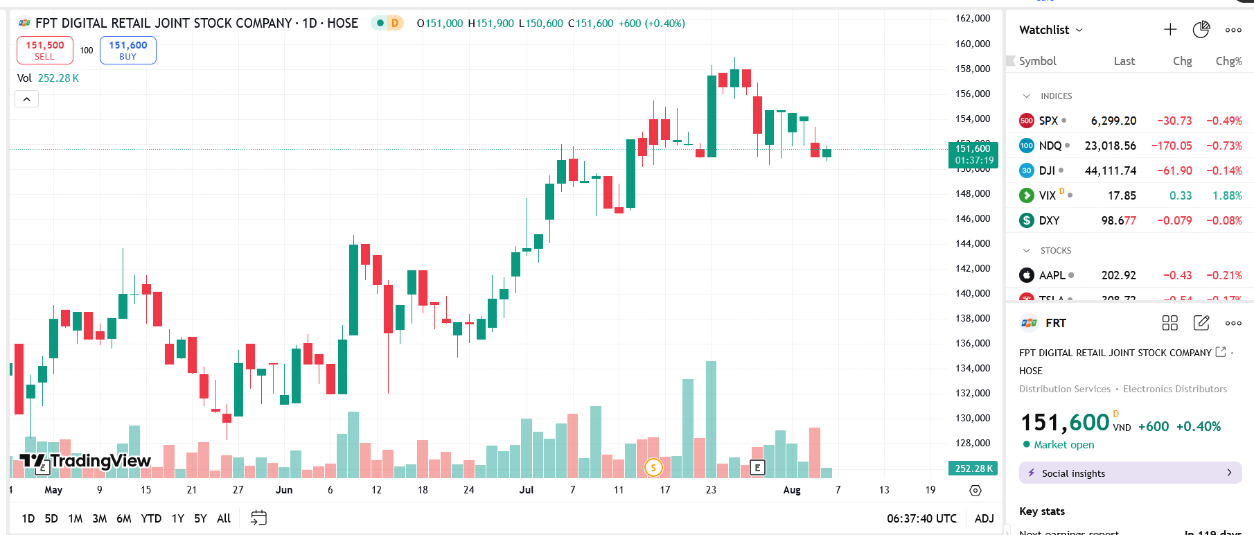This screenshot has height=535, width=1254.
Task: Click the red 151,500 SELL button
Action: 45,50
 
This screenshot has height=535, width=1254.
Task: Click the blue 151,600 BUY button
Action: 128,50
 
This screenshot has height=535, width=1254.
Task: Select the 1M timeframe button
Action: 76,518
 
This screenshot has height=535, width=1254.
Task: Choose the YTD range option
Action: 151,518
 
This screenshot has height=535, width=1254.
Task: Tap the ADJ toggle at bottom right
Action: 984,518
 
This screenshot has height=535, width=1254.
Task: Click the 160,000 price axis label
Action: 973,44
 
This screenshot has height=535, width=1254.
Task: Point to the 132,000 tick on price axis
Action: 973,393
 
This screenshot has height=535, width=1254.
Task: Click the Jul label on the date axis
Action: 527,490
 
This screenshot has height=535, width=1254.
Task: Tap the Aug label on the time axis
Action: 792,490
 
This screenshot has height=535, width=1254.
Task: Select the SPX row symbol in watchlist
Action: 1048,121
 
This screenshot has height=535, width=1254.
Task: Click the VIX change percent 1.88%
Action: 1227,195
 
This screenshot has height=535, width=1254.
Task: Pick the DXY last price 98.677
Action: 1118,220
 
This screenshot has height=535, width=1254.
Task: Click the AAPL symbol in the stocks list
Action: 1052,275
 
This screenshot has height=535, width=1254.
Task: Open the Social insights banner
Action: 1130,473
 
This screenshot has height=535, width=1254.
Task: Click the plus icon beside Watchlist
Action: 1170,29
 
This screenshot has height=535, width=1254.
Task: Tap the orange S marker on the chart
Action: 653,468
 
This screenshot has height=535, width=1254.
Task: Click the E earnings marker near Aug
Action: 757,468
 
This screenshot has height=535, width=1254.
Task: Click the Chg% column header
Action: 1228,61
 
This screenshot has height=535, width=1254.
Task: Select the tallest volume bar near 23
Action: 711,419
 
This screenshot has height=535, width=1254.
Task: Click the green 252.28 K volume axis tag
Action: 973,468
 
